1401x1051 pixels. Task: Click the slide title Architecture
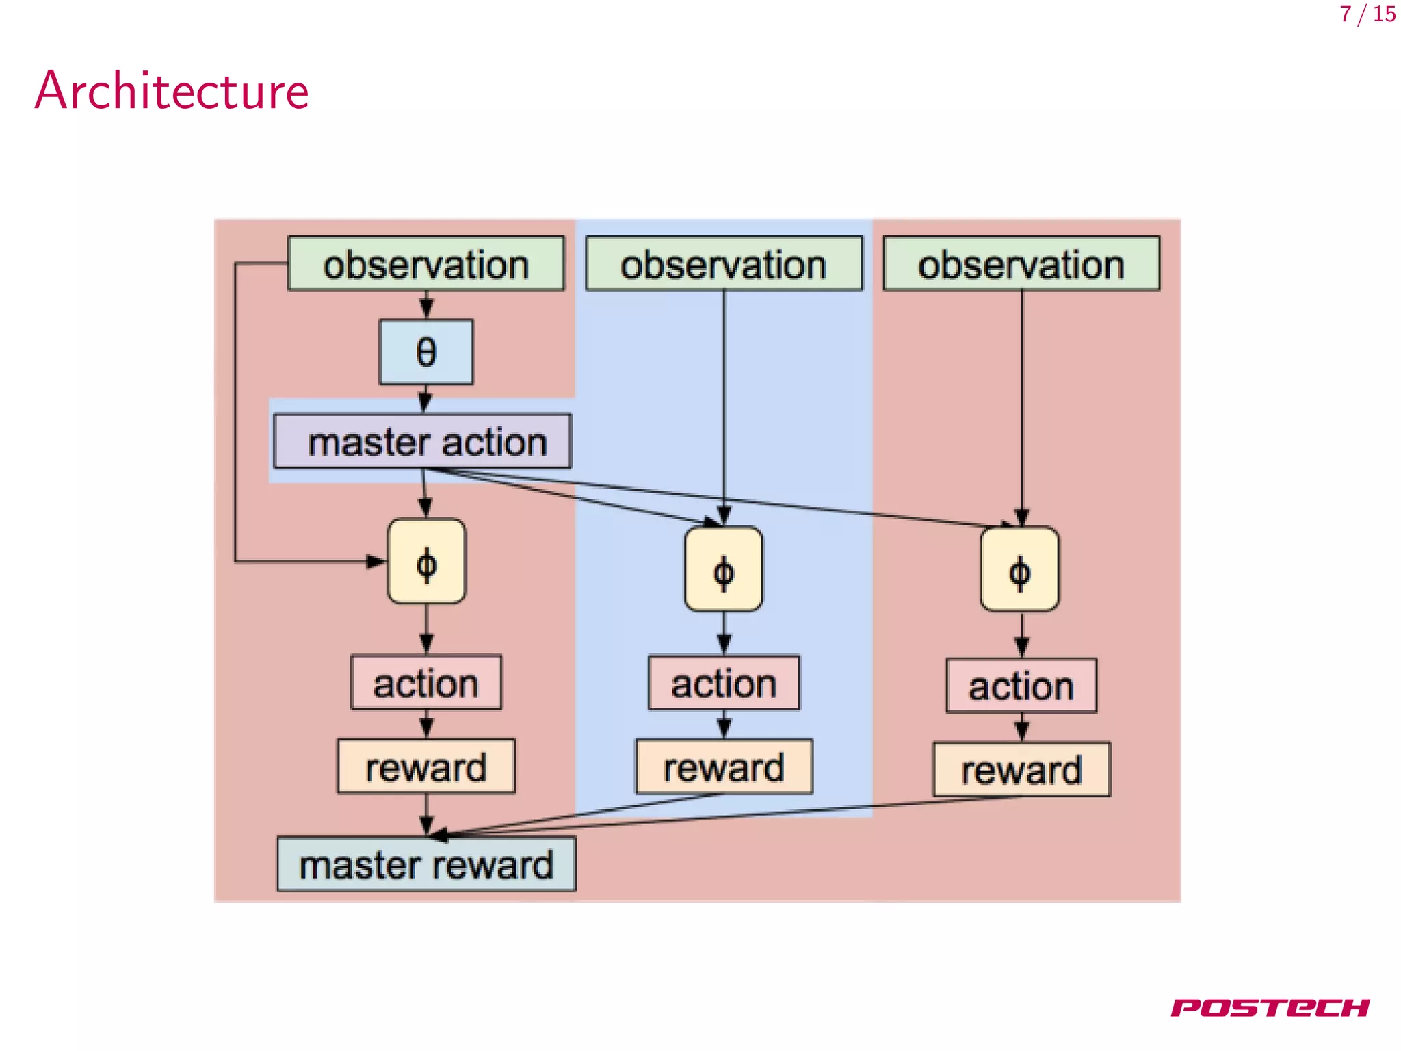pyautogui.click(x=172, y=91)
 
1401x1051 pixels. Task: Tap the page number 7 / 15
pyautogui.click(x=1367, y=14)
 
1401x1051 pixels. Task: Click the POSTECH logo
pyautogui.click(x=1270, y=1007)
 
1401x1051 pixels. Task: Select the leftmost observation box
pyautogui.click(x=425, y=264)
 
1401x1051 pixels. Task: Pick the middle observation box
pyautogui.click(x=724, y=264)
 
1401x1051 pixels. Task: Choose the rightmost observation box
pyautogui.click(x=1021, y=264)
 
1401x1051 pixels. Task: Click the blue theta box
pyautogui.click(x=426, y=352)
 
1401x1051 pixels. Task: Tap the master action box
pyautogui.click(x=423, y=441)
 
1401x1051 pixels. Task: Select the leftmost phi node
pyautogui.click(x=426, y=562)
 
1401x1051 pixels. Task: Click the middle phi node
pyautogui.click(x=724, y=569)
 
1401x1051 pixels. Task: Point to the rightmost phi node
pyautogui.click(x=1020, y=569)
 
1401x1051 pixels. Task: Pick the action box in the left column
pyautogui.click(x=426, y=683)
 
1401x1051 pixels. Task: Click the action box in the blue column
pyautogui.click(x=724, y=684)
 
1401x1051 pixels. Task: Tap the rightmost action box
pyautogui.click(x=1021, y=686)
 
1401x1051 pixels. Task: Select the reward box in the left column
pyautogui.click(x=426, y=766)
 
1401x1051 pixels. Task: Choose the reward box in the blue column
pyautogui.click(x=724, y=767)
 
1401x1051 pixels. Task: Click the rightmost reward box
pyautogui.click(x=1021, y=770)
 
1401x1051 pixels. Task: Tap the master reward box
pyautogui.click(x=426, y=864)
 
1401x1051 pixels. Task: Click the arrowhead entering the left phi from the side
pyautogui.click(x=377, y=562)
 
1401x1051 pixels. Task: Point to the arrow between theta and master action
pyautogui.click(x=425, y=399)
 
